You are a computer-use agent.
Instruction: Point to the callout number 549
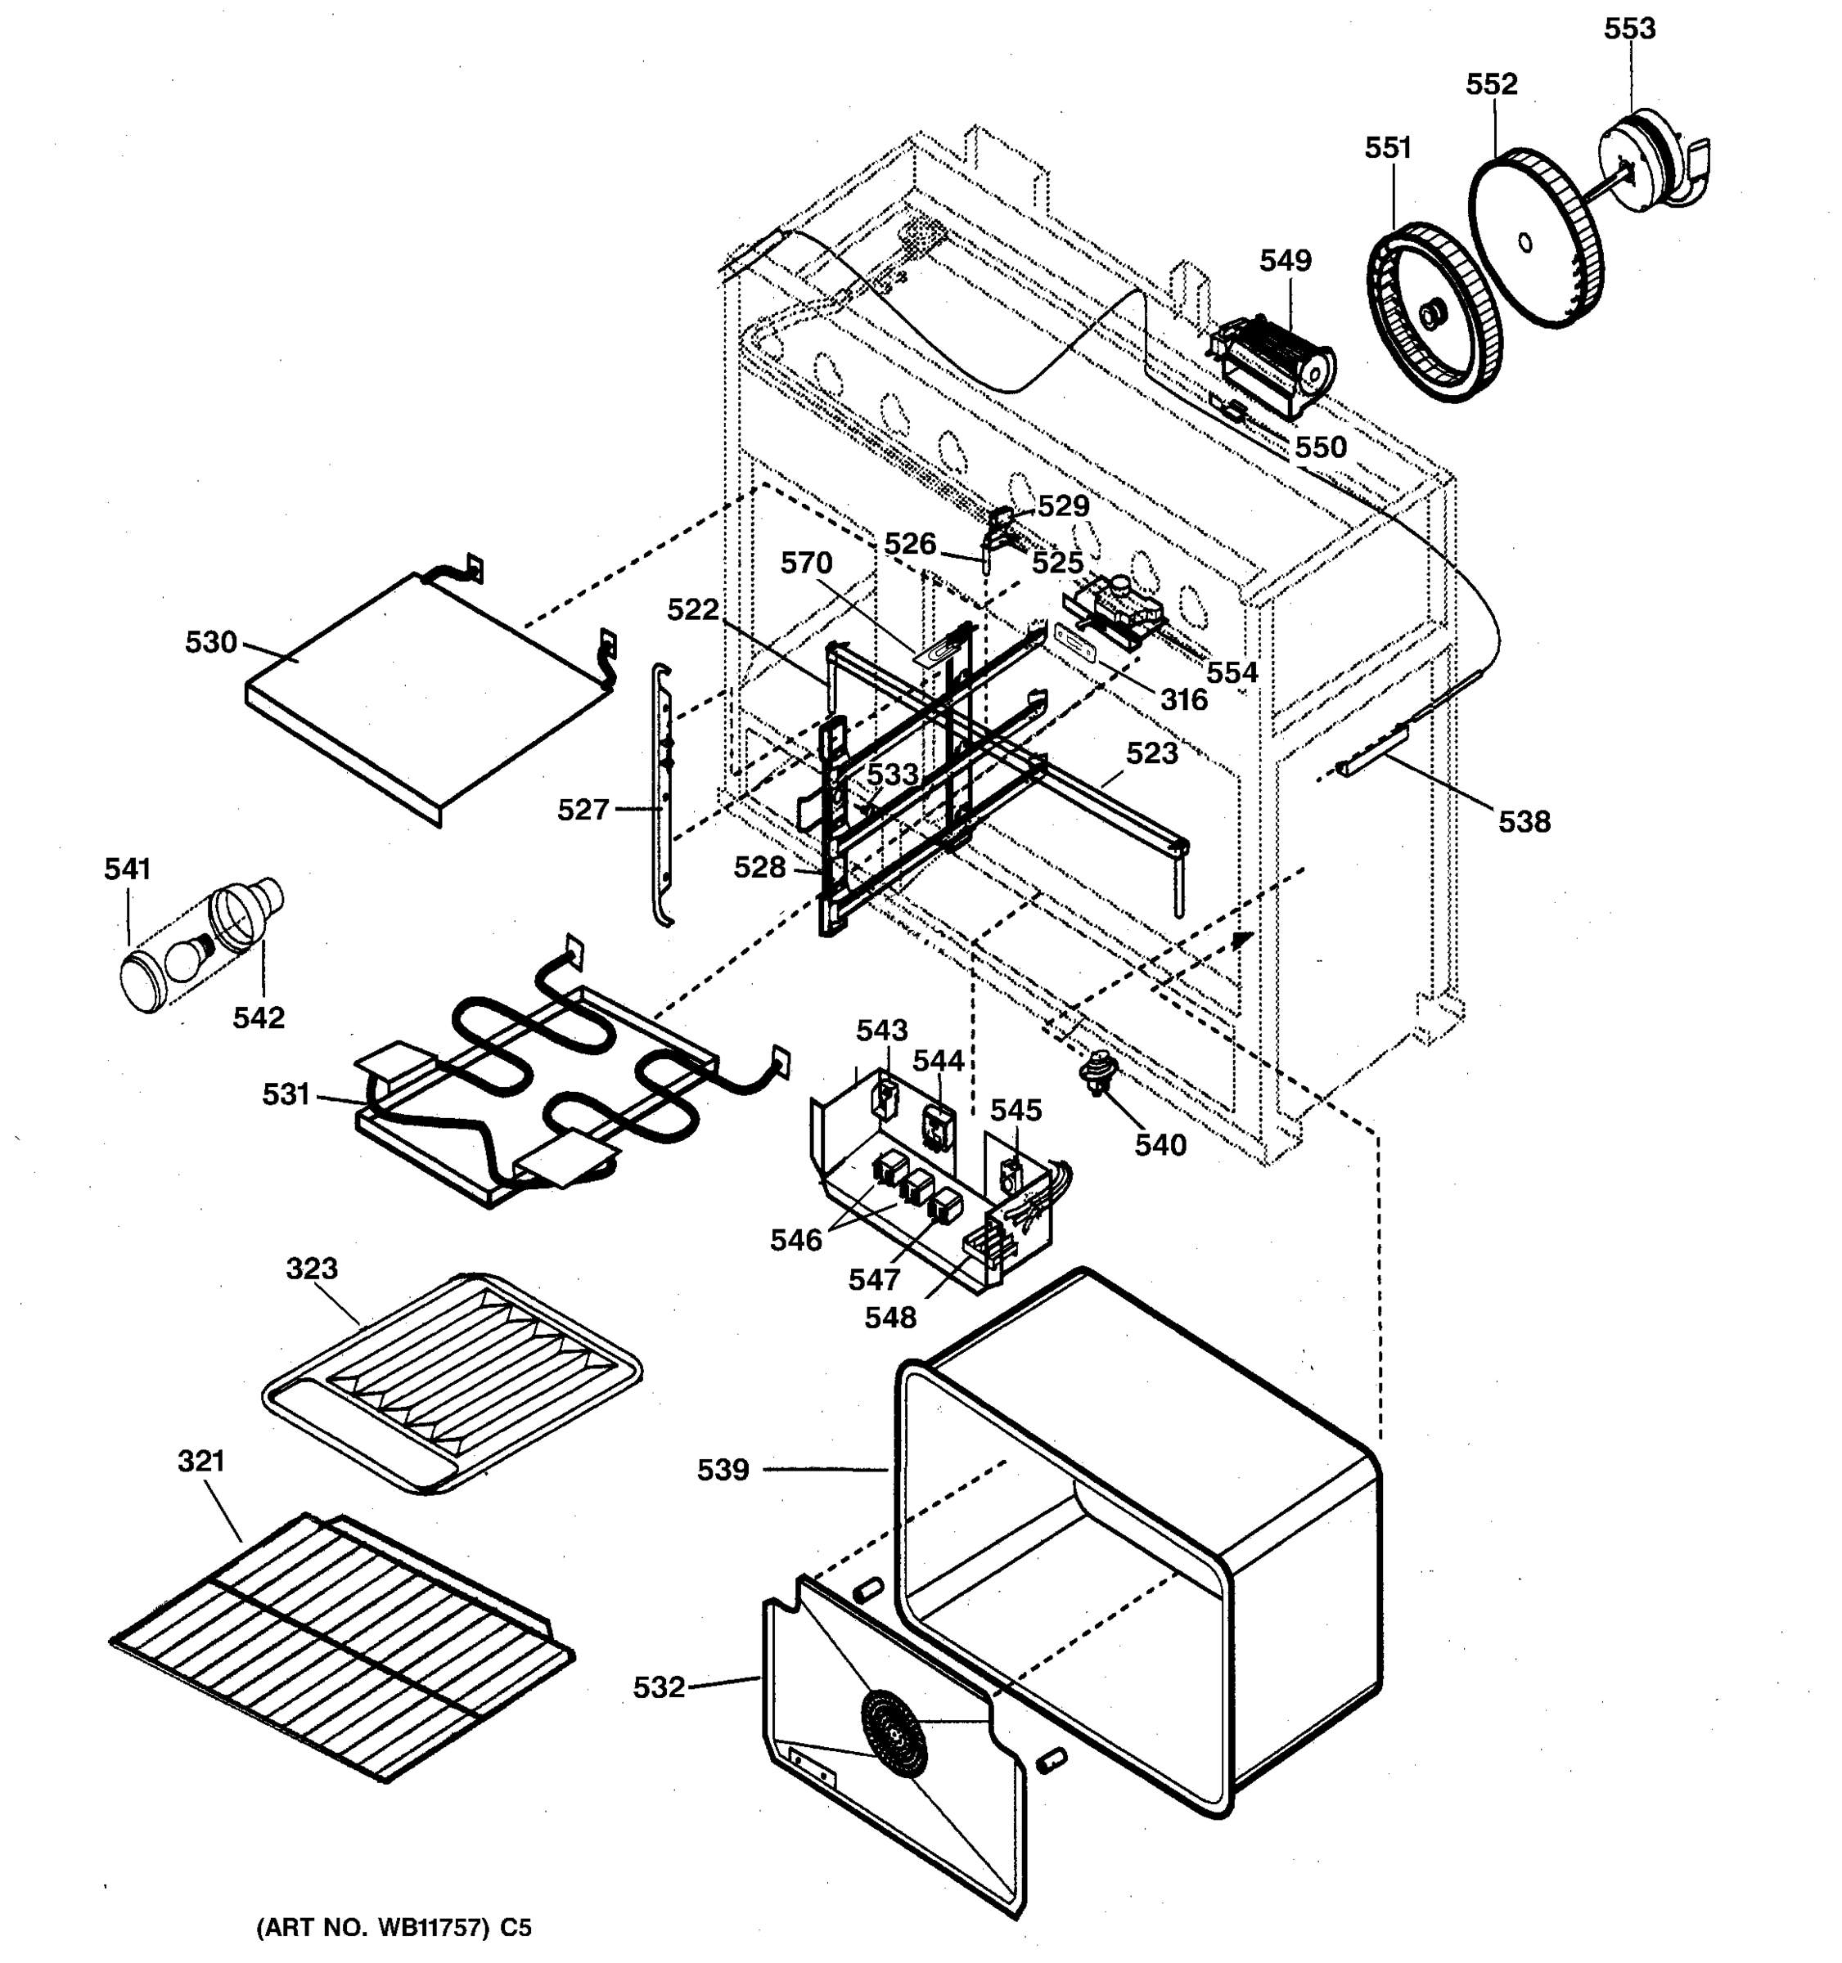tap(1285, 261)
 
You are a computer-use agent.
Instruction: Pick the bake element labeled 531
tap(553, 1086)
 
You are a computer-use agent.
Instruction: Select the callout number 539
tap(723, 1471)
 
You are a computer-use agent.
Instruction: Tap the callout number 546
tap(796, 1240)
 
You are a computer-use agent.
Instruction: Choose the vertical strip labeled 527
tap(664, 795)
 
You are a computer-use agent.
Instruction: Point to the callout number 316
tap(1183, 700)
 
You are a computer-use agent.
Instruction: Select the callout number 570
tap(806, 563)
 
